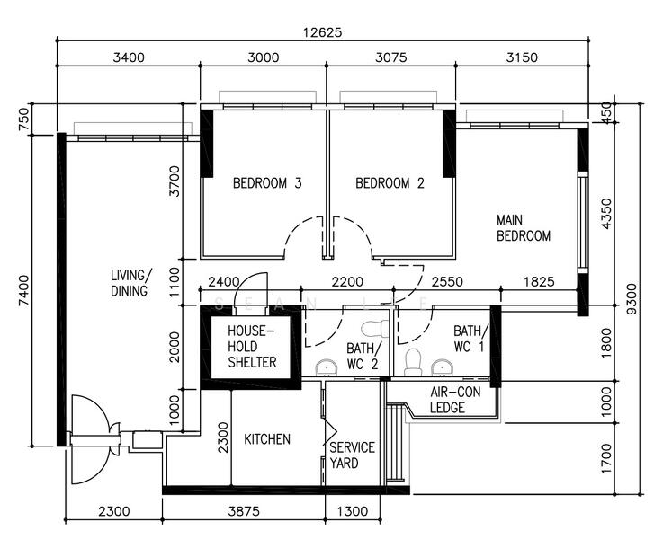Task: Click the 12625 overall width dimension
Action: point(322,32)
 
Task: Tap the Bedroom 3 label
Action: point(267,183)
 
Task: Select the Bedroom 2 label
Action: point(390,183)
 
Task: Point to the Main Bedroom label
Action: point(524,227)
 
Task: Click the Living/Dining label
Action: point(130,283)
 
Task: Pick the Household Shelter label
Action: point(252,347)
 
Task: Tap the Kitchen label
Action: point(267,439)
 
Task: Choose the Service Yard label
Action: point(353,455)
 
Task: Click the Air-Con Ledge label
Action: point(455,400)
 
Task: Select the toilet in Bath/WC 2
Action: point(375,329)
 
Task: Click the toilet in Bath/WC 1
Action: point(413,362)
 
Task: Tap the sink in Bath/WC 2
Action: point(327,368)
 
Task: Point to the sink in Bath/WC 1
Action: point(443,368)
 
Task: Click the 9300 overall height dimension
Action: point(631,299)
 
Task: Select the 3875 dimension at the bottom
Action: point(244,511)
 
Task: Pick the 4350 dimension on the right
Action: point(606,214)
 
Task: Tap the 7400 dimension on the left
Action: point(24,290)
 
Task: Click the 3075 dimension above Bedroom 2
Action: point(391,57)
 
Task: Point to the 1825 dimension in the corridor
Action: point(539,281)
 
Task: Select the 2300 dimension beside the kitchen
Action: point(223,437)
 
